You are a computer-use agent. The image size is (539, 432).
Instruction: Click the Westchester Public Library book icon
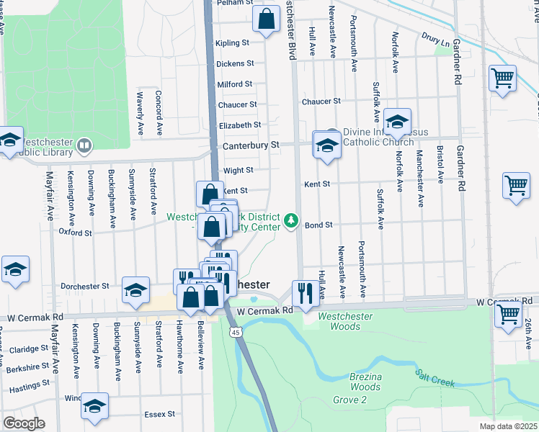tap(84, 147)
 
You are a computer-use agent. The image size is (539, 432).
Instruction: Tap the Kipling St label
tap(233, 43)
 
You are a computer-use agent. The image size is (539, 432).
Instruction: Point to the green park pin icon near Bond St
tap(291, 220)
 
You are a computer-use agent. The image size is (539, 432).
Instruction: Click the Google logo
tap(24, 423)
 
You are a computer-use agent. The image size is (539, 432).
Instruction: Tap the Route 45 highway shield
tap(236, 332)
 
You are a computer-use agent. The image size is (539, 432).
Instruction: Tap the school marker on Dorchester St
tap(135, 289)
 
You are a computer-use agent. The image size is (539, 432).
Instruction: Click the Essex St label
tap(161, 414)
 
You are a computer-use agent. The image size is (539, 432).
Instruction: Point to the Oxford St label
tap(75, 233)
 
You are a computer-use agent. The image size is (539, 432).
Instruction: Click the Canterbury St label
tap(254, 145)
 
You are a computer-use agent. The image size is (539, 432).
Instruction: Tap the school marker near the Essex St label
tap(94, 405)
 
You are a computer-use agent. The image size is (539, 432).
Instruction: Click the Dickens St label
tap(235, 63)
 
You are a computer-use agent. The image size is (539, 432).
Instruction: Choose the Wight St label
tap(239, 171)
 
